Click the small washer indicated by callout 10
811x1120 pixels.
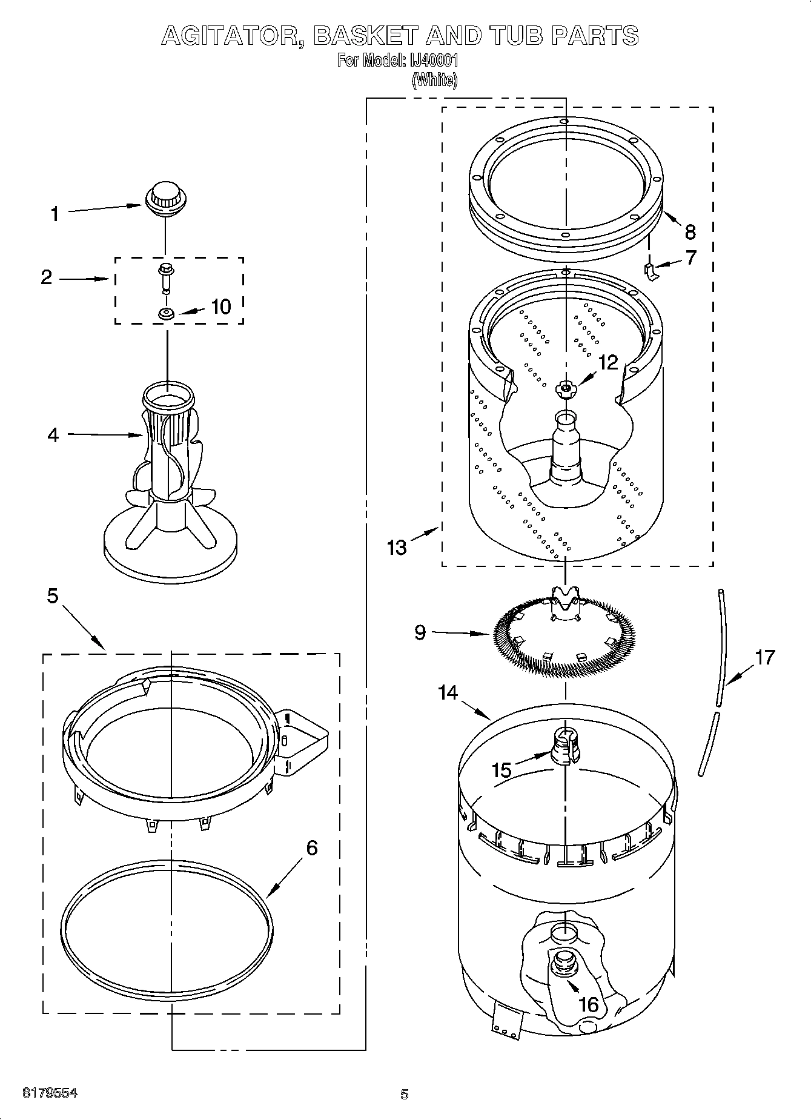pyautogui.click(x=165, y=314)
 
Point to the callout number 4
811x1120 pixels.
pyautogui.click(x=53, y=434)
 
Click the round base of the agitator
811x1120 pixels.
pyautogui.click(x=170, y=551)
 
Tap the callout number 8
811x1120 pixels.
pyautogui.click(x=690, y=232)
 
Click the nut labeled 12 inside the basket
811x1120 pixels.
pyautogui.click(x=565, y=388)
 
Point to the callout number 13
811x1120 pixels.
pyautogui.click(x=397, y=547)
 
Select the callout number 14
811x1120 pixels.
pyautogui.click(x=448, y=692)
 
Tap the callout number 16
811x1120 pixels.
pyautogui.click(x=588, y=1004)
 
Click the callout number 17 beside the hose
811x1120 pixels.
pyautogui.click(x=765, y=657)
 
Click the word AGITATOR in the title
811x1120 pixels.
pyautogui.click(x=233, y=36)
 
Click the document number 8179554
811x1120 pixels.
pyautogui.click(x=50, y=1093)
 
